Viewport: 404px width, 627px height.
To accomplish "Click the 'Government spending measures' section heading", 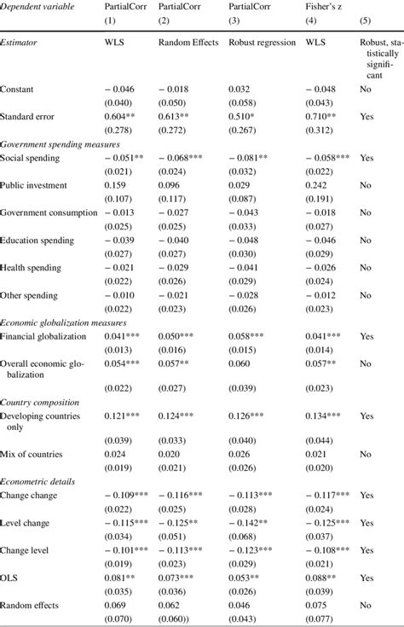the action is (59, 144).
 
